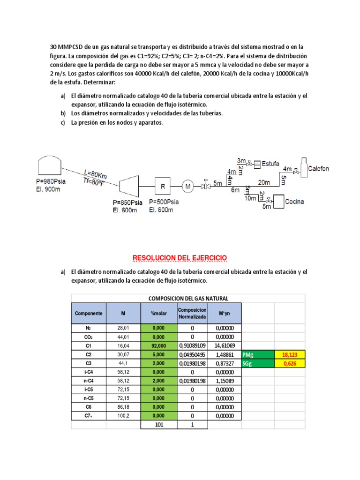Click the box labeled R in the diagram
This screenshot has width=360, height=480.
(x=163, y=186)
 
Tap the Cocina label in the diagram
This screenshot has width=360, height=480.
(x=294, y=202)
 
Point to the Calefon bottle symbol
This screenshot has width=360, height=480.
(x=304, y=168)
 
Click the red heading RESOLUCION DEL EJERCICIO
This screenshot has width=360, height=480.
(x=180, y=258)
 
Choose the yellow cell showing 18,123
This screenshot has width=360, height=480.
(x=289, y=354)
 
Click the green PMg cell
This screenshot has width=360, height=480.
(x=257, y=354)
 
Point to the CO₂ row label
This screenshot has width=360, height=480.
(x=88, y=337)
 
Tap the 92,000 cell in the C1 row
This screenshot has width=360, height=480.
(x=159, y=345)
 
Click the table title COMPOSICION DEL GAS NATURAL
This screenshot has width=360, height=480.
(x=188, y=299)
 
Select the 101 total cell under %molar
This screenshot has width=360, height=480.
(x=159, y=425)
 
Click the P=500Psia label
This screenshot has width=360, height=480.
(x=164, y=202)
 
